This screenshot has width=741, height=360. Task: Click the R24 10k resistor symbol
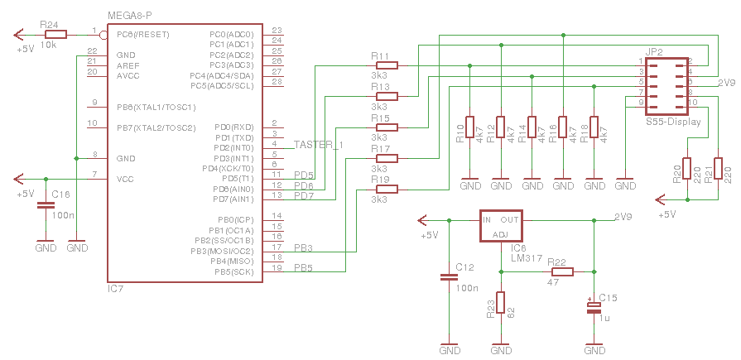(55, 35)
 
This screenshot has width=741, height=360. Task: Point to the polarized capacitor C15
(594, 307)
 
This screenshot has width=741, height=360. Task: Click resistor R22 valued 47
(562, 271)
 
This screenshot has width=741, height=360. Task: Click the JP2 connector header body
(666, 87)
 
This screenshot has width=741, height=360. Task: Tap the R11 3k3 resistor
(385, 65)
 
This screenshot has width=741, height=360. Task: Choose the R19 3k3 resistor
(385, 189)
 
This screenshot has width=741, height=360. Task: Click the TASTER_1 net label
(318, 145)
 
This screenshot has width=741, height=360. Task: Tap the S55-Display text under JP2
(673, 122)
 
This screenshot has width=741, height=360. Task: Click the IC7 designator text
(115, 289)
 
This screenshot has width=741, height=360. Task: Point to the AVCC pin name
(129, 74)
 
